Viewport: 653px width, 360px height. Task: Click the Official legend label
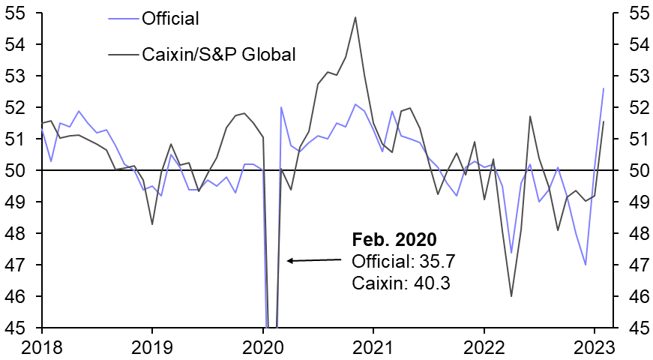(x=170, y=17)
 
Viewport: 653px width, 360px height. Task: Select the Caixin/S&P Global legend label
(x=221, y=54)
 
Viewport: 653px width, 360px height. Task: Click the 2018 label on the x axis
(x=42, y=347)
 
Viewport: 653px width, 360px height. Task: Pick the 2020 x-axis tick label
(x=263, y=347)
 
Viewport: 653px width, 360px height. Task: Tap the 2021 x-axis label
(x=373, y=347)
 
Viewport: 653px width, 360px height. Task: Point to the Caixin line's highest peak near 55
(x=355, y=17)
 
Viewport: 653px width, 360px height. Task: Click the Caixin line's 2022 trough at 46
(x=511, y=296)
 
